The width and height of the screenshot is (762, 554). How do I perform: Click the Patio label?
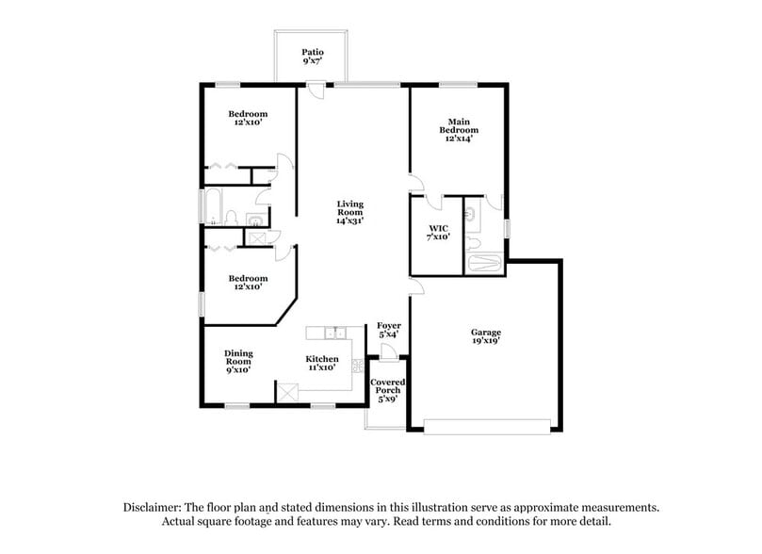coord(312,52)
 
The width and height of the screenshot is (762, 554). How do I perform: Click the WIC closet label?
coord(438,228)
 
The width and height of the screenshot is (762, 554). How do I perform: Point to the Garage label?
coord(486,332)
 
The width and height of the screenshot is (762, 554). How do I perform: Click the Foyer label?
coord(389,325)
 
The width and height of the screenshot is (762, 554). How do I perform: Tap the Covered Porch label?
coord(387,386)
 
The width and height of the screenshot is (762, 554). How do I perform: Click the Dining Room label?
coord(238,357)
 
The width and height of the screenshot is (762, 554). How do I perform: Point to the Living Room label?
coord(351,208)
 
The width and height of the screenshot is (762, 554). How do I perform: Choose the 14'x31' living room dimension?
coord(351,222)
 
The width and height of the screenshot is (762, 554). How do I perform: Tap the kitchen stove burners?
coord(358,366)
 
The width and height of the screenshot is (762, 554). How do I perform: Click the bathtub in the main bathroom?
coord(485,261)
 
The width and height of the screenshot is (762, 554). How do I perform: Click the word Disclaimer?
coord(154,507)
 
